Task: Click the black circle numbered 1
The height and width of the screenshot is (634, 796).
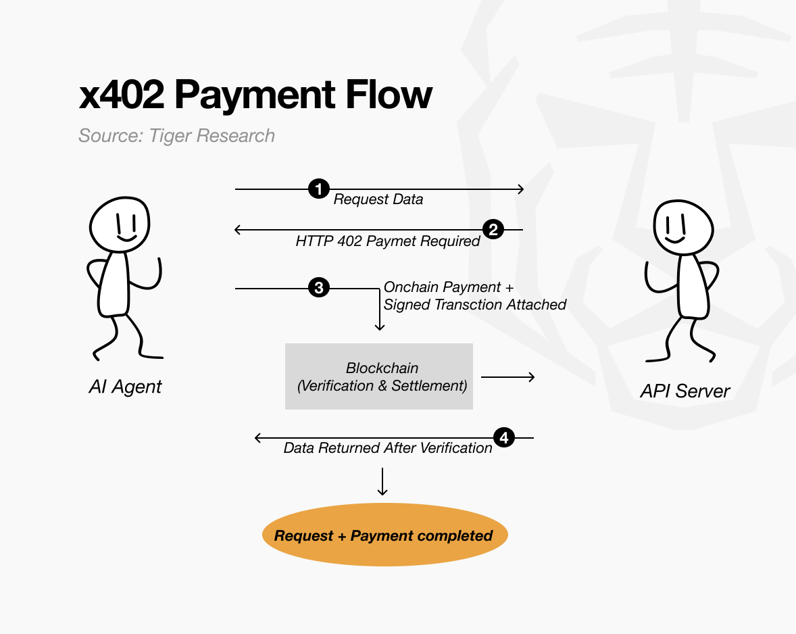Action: coord(318,189)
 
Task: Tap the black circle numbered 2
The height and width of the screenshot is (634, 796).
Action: coord(493,230)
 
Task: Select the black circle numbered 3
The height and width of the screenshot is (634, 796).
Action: coord(318,289)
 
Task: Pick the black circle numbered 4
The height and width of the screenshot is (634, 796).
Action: coord(504,438)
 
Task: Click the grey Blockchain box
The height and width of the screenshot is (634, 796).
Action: coord(379,376)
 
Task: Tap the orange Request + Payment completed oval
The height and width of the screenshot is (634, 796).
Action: coord(384,535)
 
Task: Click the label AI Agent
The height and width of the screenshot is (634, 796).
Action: coord(126,387)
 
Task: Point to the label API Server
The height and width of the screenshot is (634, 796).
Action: coord(685,391)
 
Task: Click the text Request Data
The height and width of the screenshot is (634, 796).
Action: coord(378,199)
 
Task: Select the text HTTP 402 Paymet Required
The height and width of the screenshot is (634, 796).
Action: coord(388,241)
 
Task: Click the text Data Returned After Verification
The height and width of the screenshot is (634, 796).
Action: coord(388,448)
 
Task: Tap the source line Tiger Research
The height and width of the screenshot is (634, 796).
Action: coord(176,136)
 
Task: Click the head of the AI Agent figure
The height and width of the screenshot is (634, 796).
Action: coord(120,224)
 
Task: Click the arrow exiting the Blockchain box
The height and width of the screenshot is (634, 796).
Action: coord(507,376)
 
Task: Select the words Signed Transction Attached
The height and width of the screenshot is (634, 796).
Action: coord(475,305)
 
